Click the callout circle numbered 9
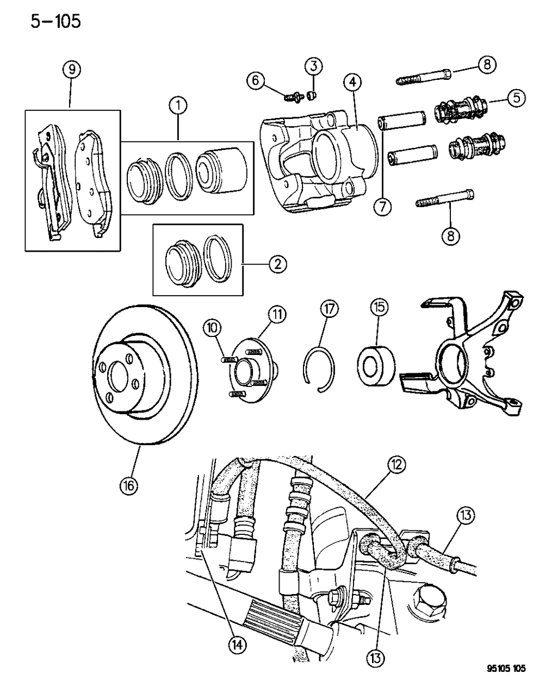pos(71,69)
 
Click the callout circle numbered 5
pos(516,98)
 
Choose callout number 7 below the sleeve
pos(383,208)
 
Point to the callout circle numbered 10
pos(212,328)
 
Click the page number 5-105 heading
pos(52,21)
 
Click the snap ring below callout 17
pos(319,369)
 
